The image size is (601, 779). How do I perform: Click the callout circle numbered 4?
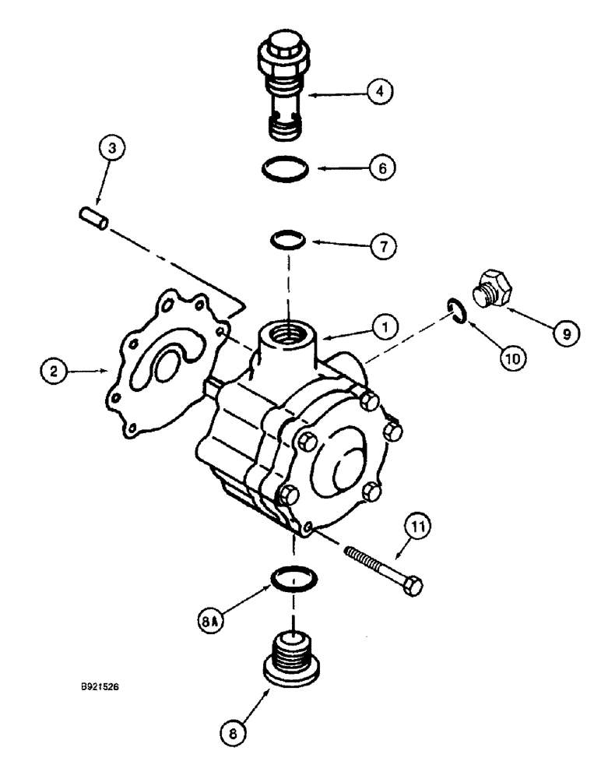pyautogui.click(x=379, y=92)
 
